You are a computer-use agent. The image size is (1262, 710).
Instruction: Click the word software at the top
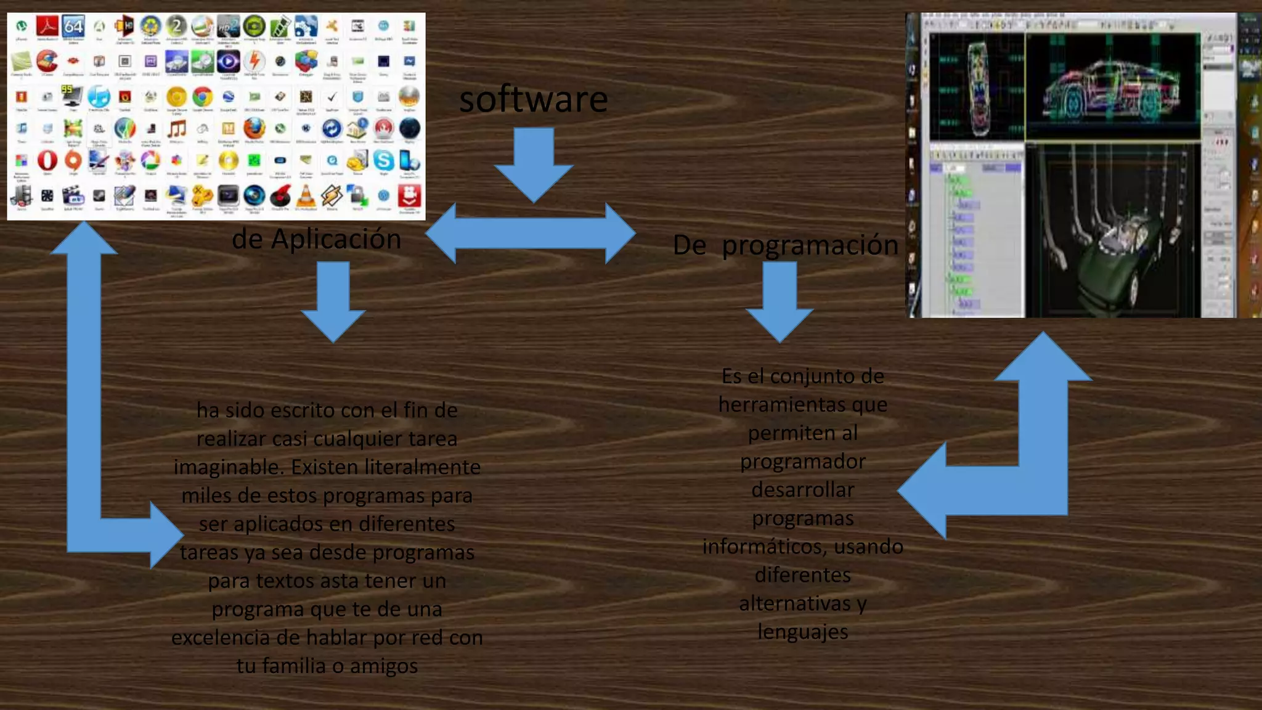[x=534, y=99]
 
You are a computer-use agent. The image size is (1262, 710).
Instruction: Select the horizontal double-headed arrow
[x=531, y=234]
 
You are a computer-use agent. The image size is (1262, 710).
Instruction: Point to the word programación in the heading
[x=810, y=245]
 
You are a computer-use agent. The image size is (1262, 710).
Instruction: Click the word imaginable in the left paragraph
[x=229, y=467]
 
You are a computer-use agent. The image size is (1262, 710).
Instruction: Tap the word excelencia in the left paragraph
[x=220, y=638]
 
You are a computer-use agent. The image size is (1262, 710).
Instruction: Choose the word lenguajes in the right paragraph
[x=802, y=632]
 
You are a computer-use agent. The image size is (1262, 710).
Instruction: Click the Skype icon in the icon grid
[x=383, y=161]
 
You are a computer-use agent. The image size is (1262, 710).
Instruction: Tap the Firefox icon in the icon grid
[x=254, y=129]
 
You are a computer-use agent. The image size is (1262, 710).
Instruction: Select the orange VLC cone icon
[x=306, y=196]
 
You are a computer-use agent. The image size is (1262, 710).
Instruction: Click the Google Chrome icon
[x=202, y=97]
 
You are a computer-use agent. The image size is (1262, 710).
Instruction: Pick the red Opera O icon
[x=47, y=161]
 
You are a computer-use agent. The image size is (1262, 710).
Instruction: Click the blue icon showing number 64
[x=73, y=27]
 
